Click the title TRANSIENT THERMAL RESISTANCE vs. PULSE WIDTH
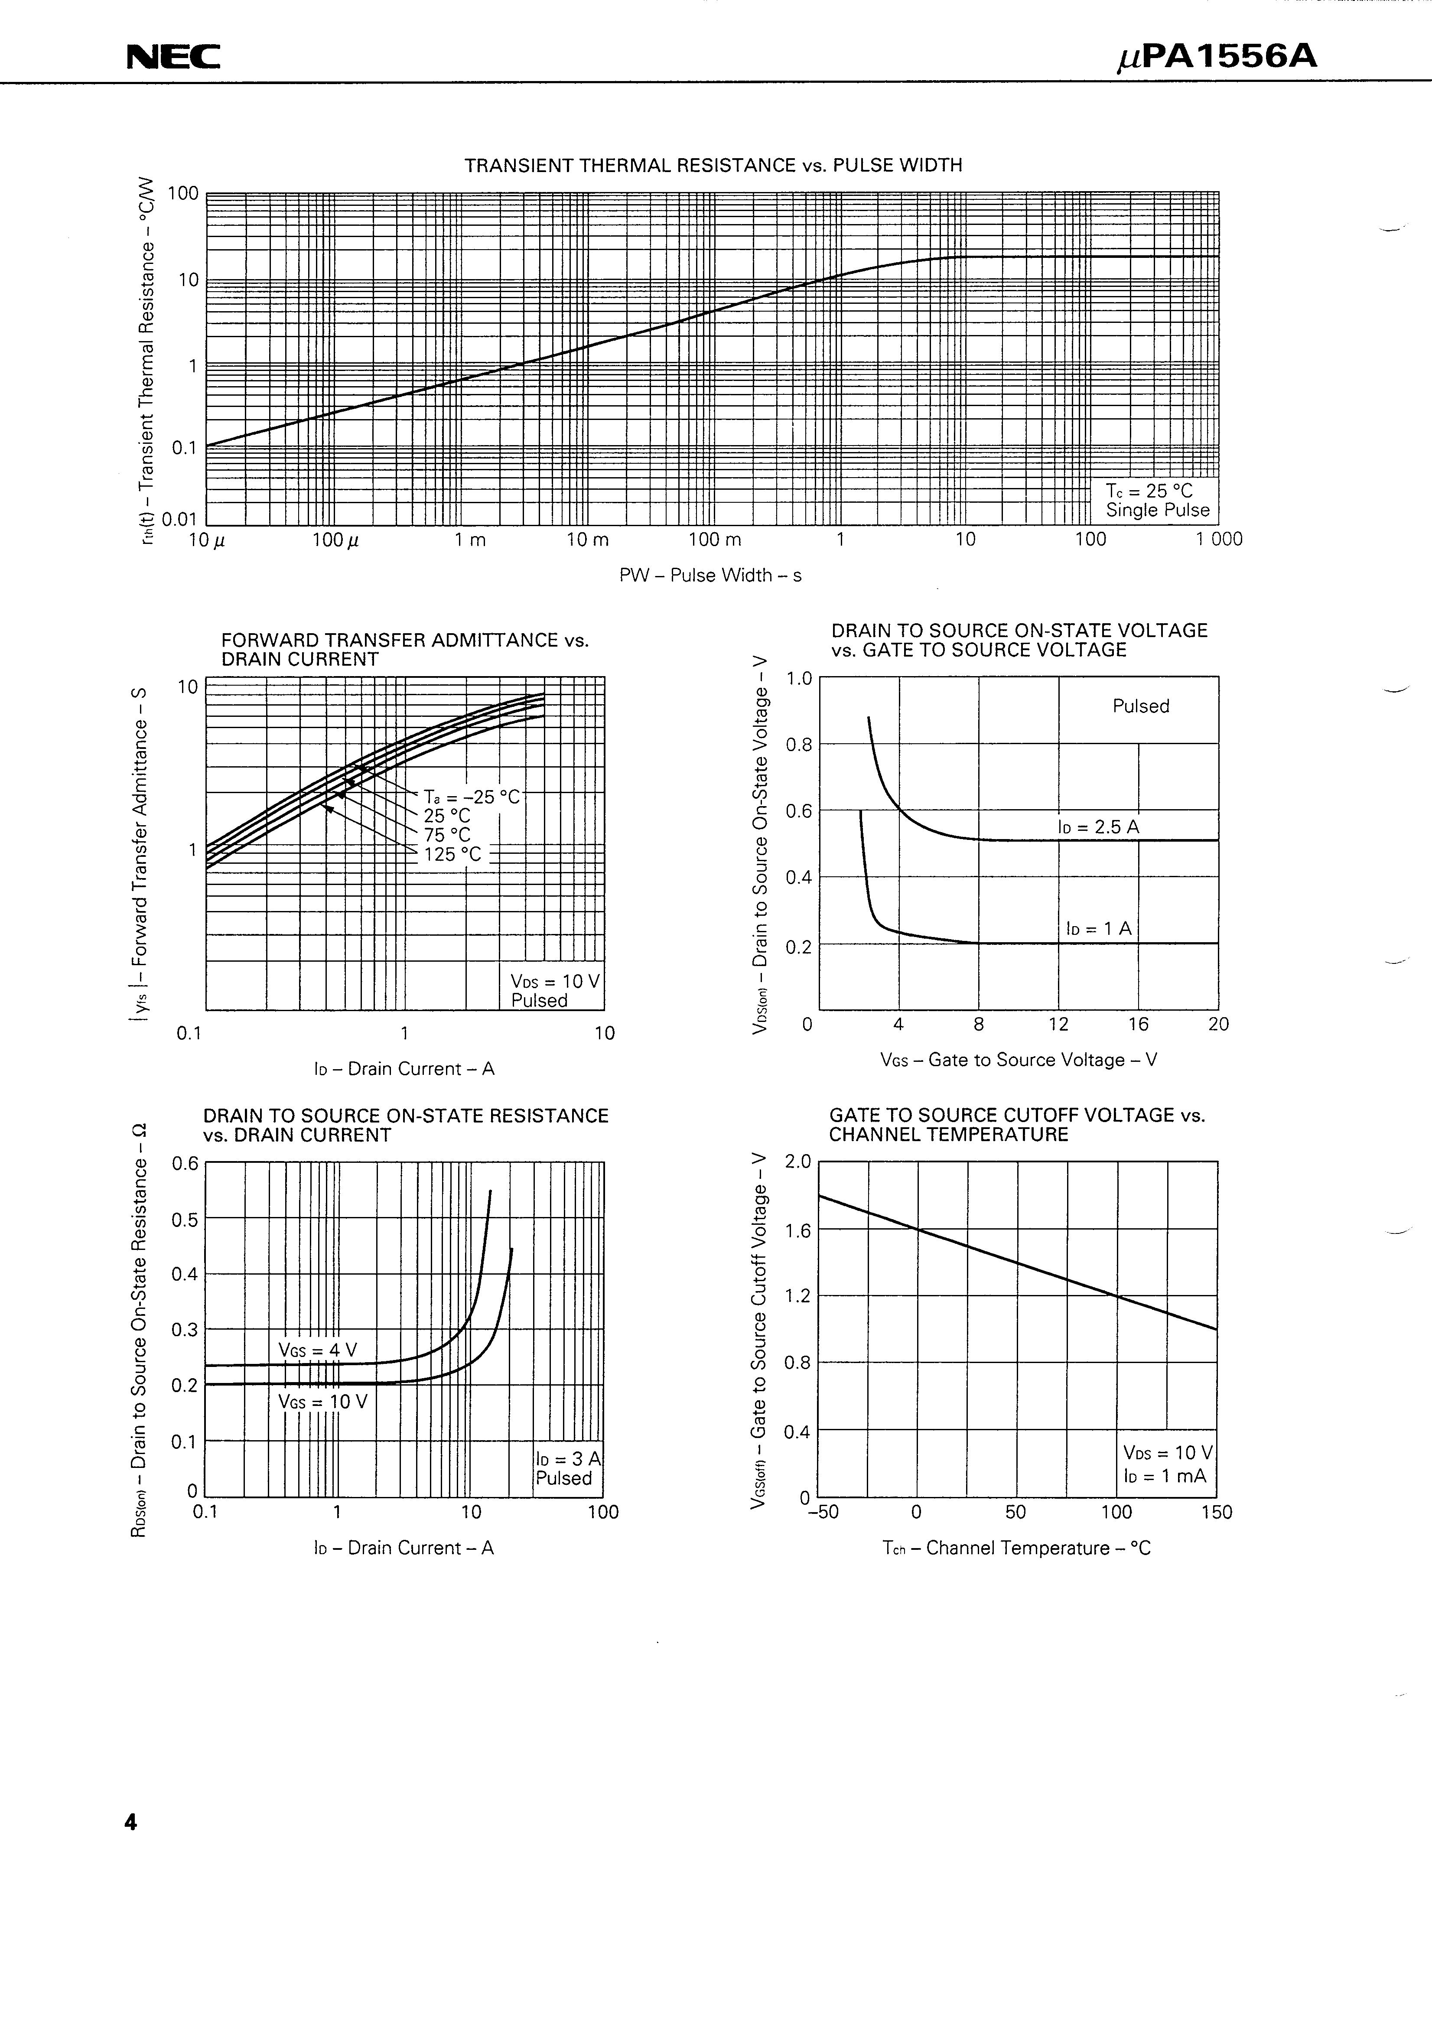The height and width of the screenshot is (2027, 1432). tap(713, 165)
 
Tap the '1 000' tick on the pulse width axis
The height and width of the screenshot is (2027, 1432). tap(1218, 540)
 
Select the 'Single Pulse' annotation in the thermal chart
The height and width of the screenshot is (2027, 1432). tap(1157, 510)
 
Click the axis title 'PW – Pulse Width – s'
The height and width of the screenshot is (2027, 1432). tap(711, 576)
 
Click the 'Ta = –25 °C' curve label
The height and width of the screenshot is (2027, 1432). tap(472, 796)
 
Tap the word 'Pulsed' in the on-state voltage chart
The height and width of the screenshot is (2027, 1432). tap(1141, 706)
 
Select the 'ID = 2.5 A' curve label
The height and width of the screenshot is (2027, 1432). tap(1098, 827)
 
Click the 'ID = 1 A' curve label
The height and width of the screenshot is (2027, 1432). tap(1098, 929)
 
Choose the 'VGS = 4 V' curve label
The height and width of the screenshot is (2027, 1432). tap(317, 1350)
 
